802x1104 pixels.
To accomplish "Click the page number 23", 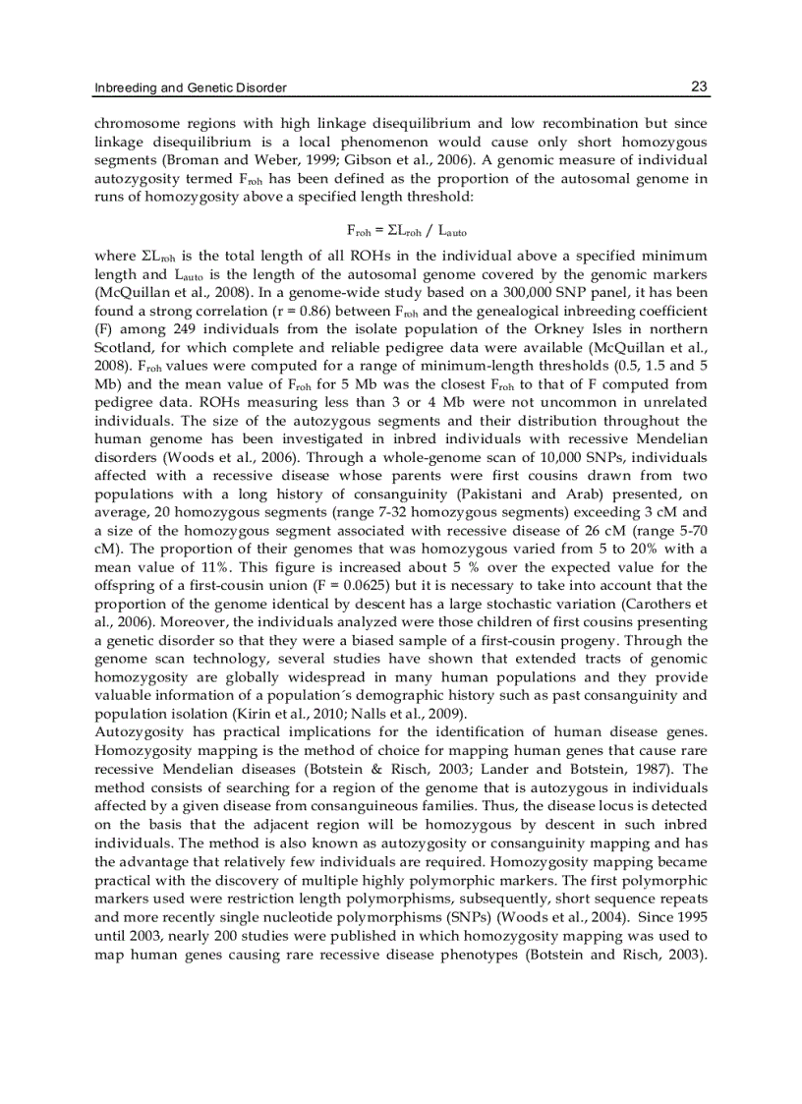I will (x=699, y=87).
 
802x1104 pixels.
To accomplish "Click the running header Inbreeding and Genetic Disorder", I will (x=190, y=88).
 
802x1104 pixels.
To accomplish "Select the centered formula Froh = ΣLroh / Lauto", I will (x=402, y=231).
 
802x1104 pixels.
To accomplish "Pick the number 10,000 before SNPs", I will (x=453, y=462).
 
